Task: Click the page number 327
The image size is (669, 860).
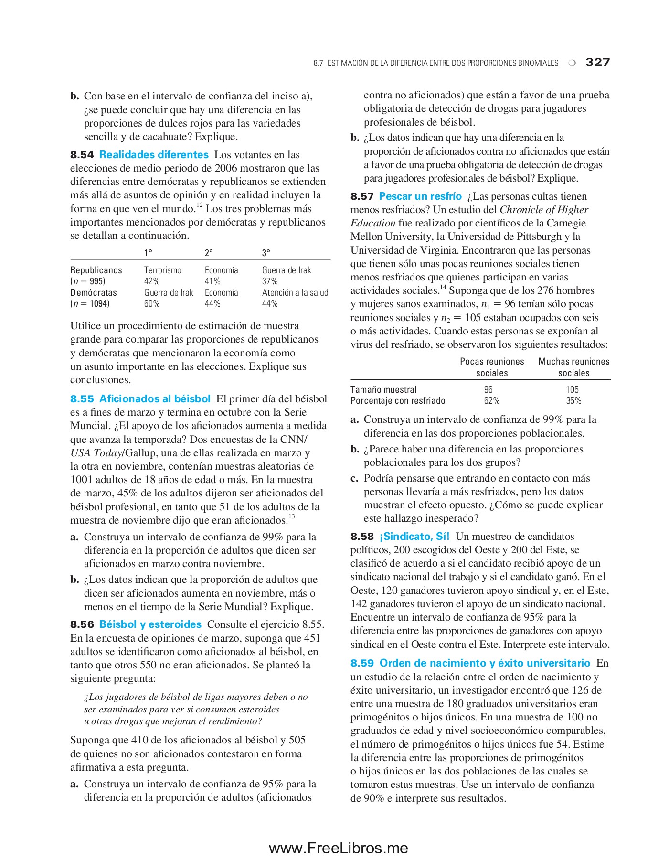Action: [597, 62]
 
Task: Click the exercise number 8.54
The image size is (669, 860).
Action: [82, 155]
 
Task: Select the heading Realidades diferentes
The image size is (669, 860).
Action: [154, 155]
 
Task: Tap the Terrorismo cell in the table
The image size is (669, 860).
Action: [163, 270]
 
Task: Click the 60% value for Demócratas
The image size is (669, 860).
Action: [152, 304]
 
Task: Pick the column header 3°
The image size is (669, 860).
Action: [266, 253]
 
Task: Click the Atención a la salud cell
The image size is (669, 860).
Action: [295, 293]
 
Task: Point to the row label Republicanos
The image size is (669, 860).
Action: [96, 270]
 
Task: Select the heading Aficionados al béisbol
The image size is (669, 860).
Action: [155, 399]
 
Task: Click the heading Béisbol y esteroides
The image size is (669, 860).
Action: [150, 624]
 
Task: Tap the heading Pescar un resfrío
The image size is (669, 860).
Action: [420, 196]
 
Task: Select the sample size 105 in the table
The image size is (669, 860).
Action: [572, 390]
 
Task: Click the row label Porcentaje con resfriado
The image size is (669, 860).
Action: [398, 401]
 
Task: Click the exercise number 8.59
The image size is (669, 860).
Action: [362, 663]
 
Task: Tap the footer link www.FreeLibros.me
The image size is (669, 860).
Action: [338, 848]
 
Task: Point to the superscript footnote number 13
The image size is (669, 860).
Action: [292, 516]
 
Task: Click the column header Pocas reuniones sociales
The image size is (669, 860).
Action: [492, 367]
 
